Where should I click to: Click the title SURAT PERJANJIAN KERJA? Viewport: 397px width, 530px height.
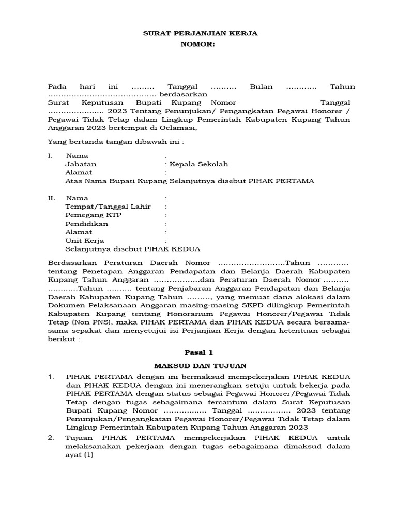click(200, 33)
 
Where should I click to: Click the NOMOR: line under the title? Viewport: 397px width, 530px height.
click(197, 45)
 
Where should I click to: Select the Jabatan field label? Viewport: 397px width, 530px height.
click(81, 164)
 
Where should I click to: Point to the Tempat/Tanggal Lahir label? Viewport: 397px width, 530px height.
click(108, 207)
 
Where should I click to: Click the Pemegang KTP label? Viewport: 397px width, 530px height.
click(93, 215)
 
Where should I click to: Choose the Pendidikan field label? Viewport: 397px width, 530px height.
click(87, 224)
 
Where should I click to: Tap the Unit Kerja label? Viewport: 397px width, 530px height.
click(85, 241)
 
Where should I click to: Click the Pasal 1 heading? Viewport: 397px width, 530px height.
click(199, 352)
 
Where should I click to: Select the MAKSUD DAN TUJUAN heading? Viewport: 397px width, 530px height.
click(199, 366)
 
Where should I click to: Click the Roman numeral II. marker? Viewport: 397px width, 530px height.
click(51, 198)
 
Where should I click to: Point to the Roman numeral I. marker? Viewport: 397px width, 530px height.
click(50, 156)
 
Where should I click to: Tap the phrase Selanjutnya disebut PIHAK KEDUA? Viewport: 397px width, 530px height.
click(133, 249)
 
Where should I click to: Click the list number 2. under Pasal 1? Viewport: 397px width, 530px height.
click(51, 438)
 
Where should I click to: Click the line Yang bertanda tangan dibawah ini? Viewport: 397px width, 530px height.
click(115, 141)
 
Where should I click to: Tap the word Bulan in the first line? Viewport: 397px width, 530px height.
click(261, 86)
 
